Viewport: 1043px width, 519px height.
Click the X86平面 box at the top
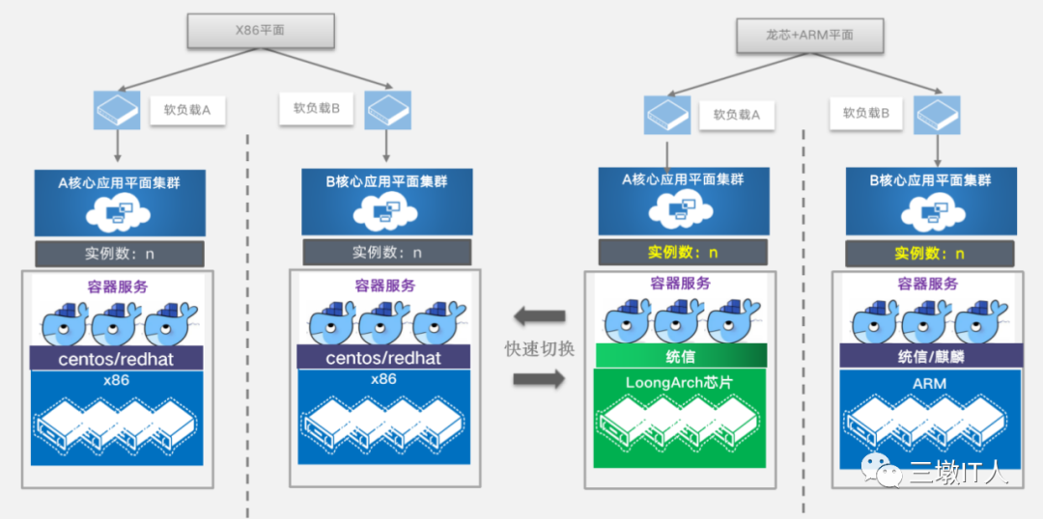tap(260, 31)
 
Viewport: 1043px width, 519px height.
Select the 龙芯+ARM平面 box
tap(809, 36)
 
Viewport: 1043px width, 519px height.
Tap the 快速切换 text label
tap(539, 349)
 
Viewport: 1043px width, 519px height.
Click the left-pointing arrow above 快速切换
tap(539, 316)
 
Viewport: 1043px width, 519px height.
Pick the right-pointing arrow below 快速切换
tap(539, 379)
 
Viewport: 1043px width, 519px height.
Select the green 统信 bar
tap(680, 356)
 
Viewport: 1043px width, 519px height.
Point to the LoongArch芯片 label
tap(679, 383)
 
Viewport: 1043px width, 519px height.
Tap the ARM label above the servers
tap(930, 383)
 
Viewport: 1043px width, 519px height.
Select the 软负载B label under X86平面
tap(318, 108)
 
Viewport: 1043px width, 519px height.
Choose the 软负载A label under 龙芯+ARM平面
tap(737, 114)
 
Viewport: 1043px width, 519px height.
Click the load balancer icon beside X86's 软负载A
tap(117, 110)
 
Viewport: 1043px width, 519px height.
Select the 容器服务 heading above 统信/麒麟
tap(928, 284)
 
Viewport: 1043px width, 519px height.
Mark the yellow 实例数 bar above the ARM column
tap(930, 253)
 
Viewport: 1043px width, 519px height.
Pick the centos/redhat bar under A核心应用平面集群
tap(117, 358)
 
